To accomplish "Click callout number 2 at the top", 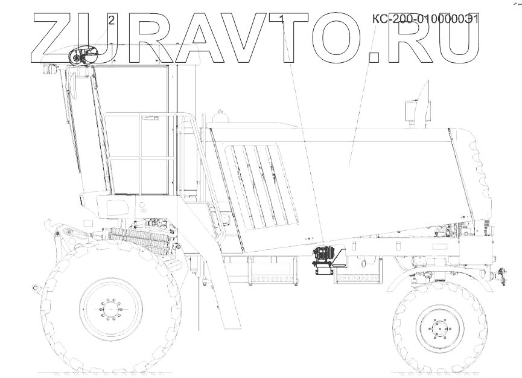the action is click(112, 20).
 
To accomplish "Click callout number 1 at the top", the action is click(282, 19).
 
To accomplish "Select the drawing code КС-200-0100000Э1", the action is click(425, 19).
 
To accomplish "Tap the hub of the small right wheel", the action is click(440, 329).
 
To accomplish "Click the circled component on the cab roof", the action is click(84, 56).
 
